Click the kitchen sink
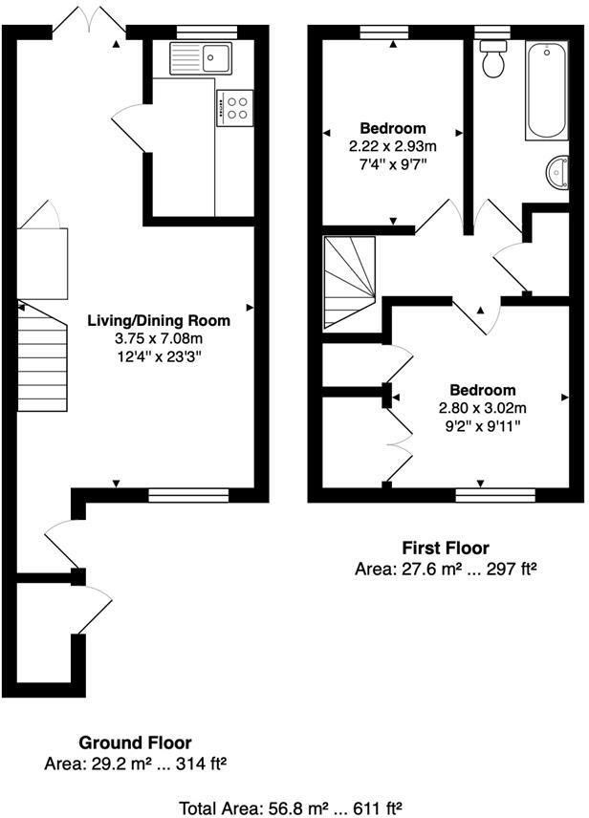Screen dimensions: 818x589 point(201,58)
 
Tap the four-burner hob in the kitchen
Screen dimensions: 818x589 point(235,107)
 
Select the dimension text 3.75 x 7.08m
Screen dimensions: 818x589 point(159,338)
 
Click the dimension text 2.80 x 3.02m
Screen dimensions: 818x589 point(483,408)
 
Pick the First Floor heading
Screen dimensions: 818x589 point(445,548)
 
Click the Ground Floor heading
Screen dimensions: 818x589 point(135,743)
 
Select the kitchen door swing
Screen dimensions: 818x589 point(131,129)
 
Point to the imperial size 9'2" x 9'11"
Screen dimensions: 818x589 point(483,426)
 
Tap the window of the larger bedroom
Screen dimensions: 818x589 point(494,494)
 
